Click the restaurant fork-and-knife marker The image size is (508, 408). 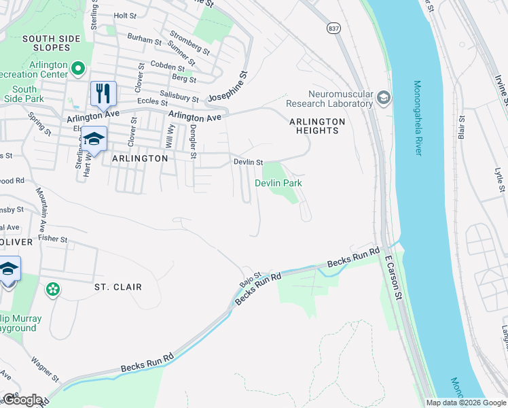click(103, 93)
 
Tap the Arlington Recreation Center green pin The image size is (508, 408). click(78, 68)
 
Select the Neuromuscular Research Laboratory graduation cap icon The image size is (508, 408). click(384, 99)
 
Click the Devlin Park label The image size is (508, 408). click(278, 183)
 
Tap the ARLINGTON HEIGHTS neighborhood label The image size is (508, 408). click(317, 126)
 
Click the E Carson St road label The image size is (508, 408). click(390, 272)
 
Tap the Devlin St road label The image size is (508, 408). click(248, 162)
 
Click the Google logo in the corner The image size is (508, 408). click(22, 400)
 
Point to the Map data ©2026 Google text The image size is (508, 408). click(465, 403)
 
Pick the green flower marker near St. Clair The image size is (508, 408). click(52, 290)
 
